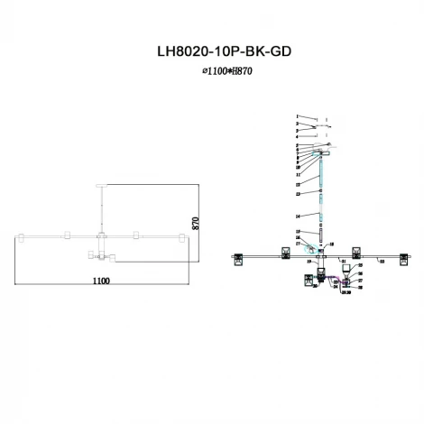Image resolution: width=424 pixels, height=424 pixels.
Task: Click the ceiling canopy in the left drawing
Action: point(101,182)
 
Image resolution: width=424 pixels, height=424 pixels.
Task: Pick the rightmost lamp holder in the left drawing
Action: point(180,236)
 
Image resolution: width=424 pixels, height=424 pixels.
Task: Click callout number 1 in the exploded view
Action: point(295,117)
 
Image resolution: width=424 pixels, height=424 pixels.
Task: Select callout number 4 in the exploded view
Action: point(295,137)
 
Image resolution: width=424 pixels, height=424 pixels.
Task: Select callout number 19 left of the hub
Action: point(308,260)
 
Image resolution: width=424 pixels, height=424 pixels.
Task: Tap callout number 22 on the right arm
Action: point(382,260)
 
